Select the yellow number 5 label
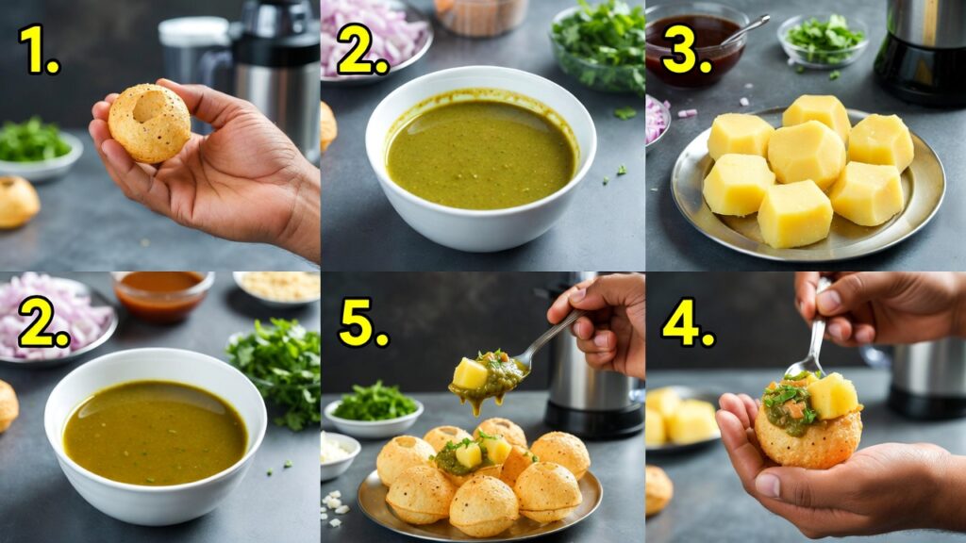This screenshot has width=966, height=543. point(363,323)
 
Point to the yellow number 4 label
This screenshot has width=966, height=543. point(688,322)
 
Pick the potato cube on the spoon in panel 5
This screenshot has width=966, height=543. point(470,373)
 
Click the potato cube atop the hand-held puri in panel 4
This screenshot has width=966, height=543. point(832,395)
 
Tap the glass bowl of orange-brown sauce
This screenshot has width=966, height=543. point(162,294)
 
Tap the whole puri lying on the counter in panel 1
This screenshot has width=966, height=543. point(17,202)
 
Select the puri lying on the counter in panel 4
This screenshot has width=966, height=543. point(658,489)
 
